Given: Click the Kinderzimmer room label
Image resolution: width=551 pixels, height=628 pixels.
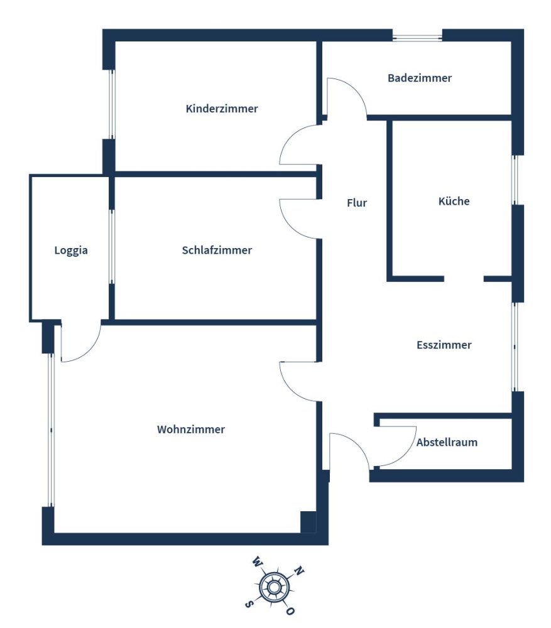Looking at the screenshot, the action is click(222, 109).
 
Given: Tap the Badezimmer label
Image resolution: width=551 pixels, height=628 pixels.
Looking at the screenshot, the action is click(420, 78).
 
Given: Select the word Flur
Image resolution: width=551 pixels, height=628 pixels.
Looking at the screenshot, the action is click(357, 203).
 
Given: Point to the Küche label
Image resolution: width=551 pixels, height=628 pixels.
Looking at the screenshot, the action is click(454, 201).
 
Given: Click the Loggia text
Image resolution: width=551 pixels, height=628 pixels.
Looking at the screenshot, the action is click(71, 251).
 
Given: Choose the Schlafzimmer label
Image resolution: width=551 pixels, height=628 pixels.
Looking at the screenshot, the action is click(217, 251).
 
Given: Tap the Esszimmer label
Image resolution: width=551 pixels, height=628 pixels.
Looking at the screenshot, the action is click(444, 345).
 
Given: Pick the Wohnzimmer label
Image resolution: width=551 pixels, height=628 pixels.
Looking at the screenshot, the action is click(191, 430).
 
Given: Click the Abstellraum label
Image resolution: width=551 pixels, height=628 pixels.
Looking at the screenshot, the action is click(447, 443).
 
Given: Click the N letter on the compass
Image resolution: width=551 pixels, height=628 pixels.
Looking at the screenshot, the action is click(299, 570).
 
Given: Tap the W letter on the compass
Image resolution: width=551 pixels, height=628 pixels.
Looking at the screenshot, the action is click(256, 561).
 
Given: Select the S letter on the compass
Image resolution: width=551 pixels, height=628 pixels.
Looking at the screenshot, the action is click(248, 604).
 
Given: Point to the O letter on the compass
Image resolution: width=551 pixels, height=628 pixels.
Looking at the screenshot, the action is click(290, 611).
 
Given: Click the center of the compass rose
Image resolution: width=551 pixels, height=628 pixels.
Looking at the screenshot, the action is click(274, 588).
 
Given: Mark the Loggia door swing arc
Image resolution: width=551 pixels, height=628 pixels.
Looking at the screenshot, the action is click(89, 350).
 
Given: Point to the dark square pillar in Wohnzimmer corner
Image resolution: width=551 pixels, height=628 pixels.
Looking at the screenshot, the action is click(308, 522).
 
